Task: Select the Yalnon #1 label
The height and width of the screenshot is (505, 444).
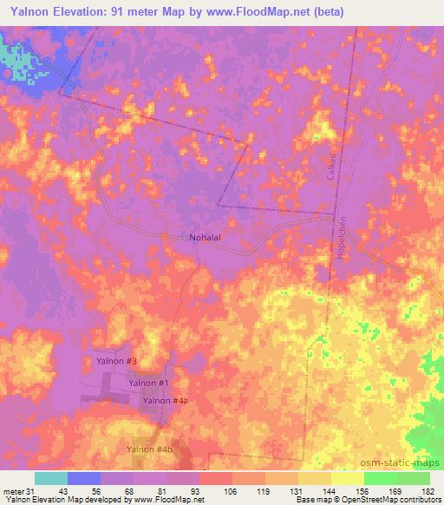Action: click(x=147, y=383)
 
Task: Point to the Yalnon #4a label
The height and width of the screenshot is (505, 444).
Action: click(x=166, y=401)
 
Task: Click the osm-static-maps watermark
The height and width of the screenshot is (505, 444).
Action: click(x=407, y=463)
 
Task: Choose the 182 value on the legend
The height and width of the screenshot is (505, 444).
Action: click(x=428, y=490)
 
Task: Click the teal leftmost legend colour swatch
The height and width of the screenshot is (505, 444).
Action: click(x=51, y=478)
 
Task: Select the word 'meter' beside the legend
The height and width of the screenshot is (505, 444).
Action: click(x=11, y=490)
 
